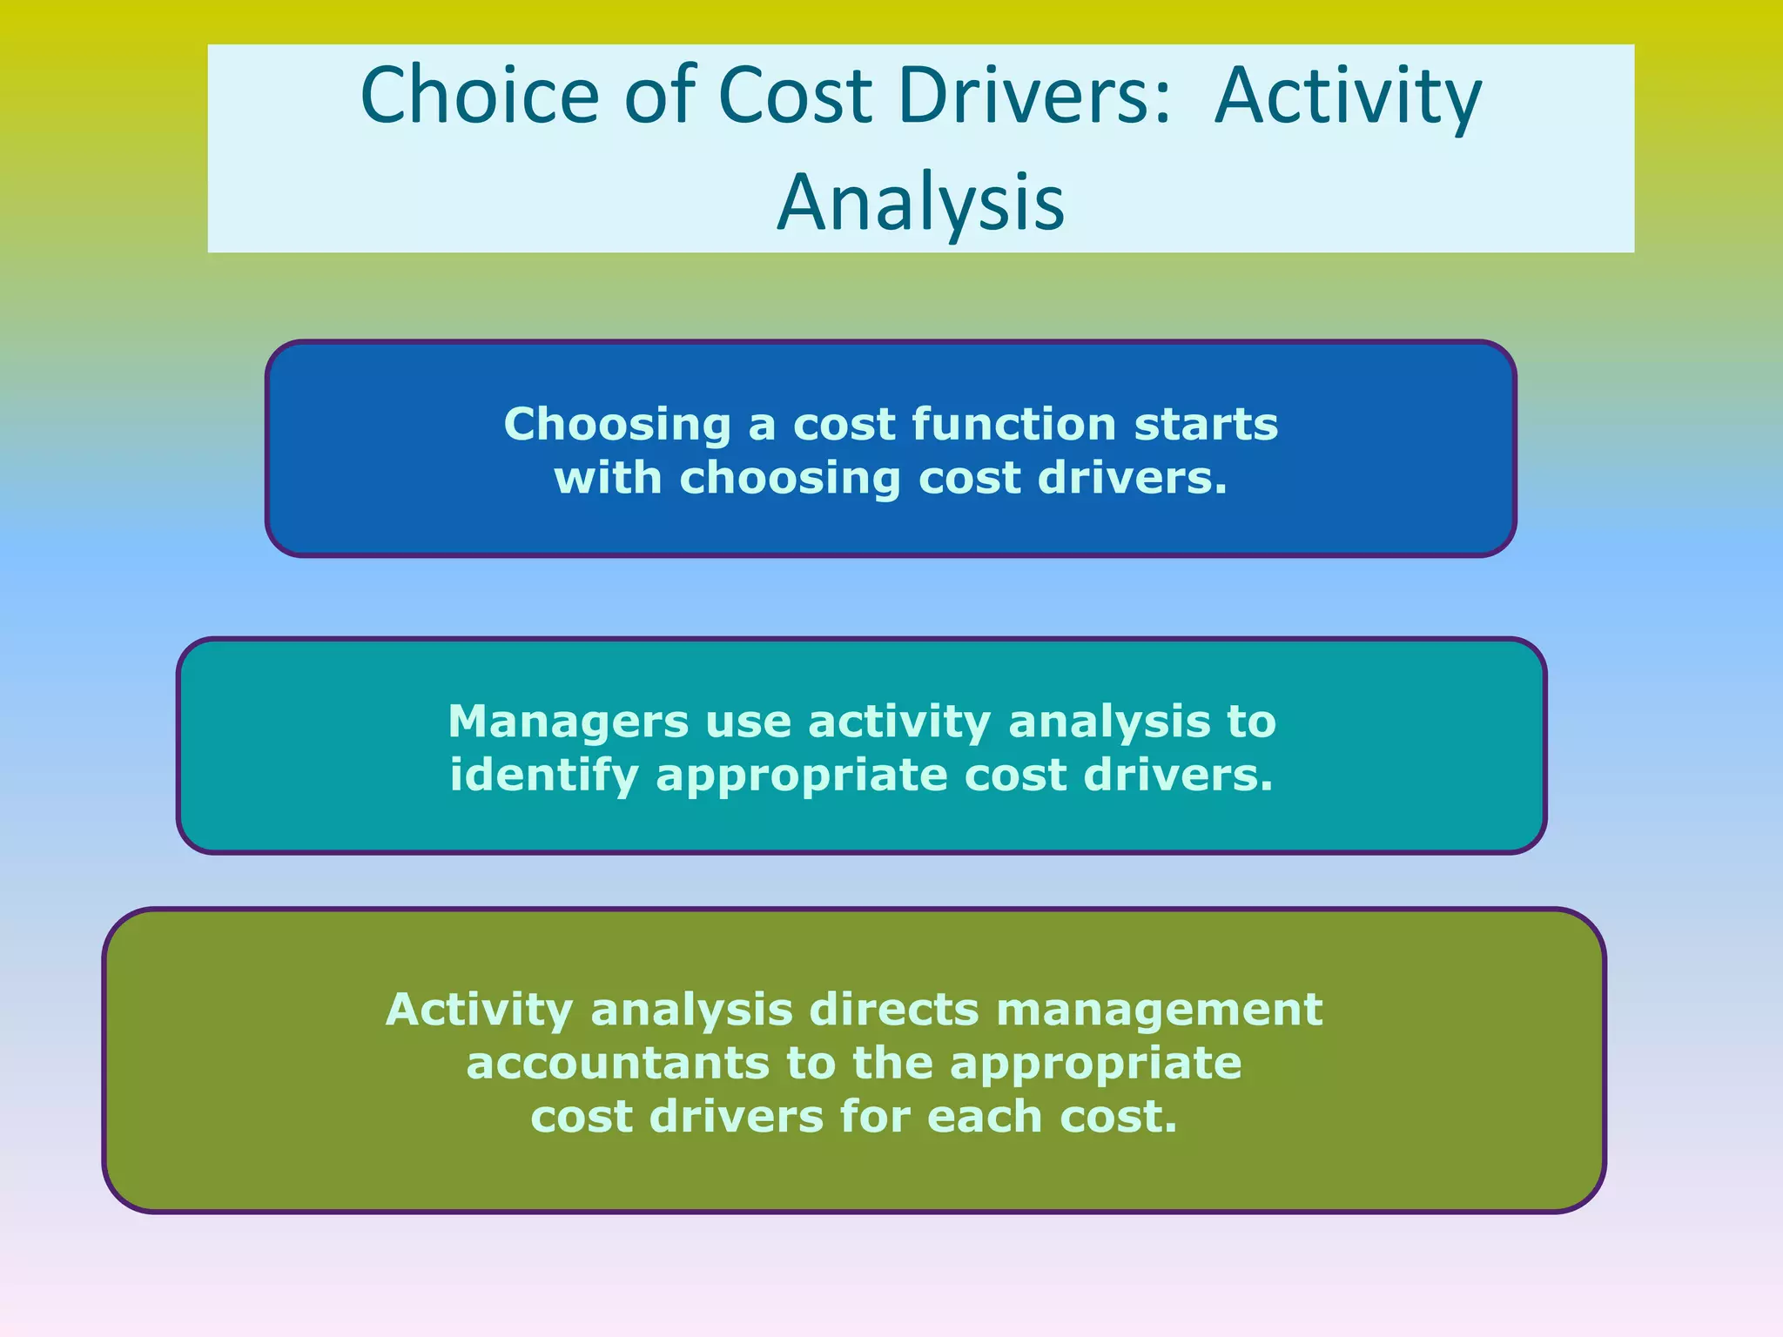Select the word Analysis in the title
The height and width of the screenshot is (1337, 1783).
(920, 203)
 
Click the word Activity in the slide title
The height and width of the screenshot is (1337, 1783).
(1348, 97)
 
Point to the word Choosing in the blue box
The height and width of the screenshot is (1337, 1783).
(616, 426)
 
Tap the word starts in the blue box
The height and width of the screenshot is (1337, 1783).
(1207, 426)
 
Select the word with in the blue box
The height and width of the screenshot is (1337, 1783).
(608, 479)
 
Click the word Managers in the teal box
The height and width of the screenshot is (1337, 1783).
(568, 722)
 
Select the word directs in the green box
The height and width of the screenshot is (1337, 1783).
(894, 1010)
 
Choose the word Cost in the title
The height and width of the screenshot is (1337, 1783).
(794, 96)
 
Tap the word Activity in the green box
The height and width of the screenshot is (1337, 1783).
(479, 1010)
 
